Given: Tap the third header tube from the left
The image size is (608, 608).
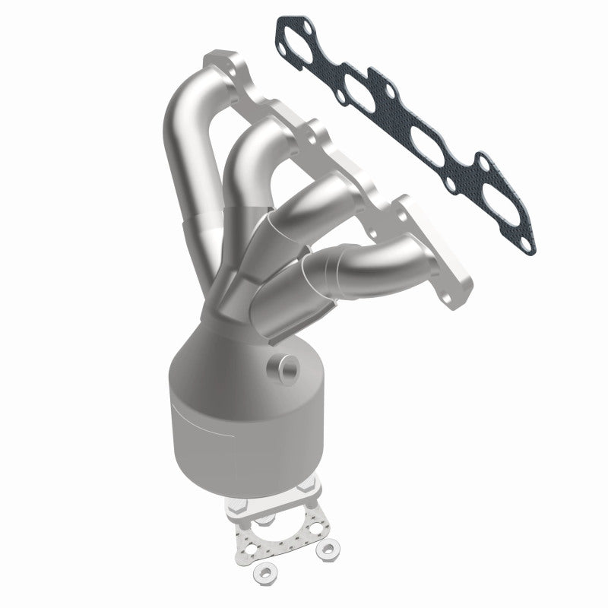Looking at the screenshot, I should tap(304, 205).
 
